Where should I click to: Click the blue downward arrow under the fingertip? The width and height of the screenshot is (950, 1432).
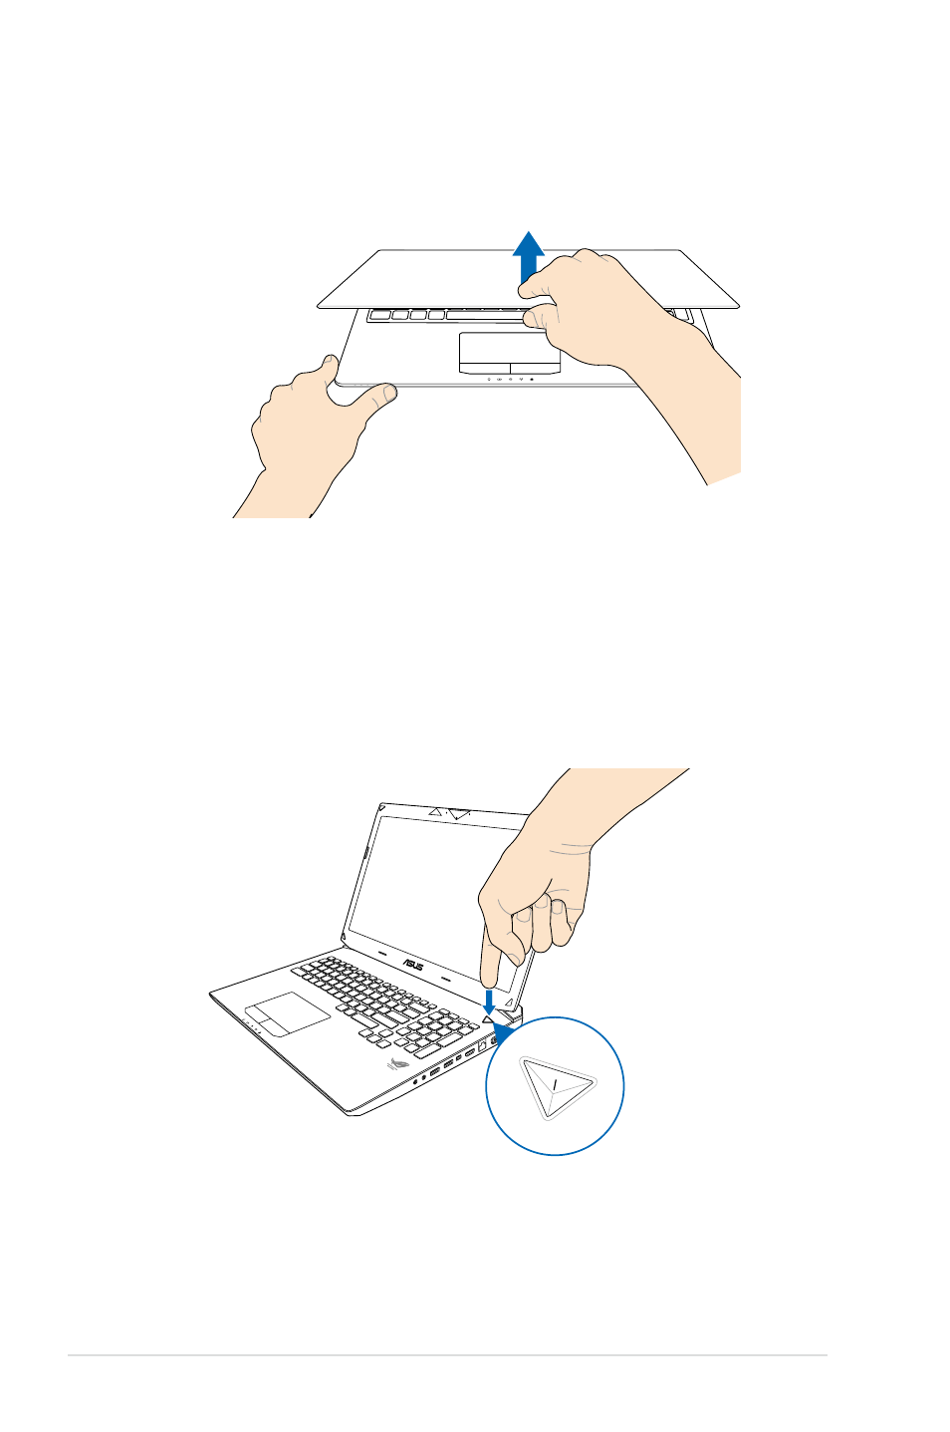point(488,1001)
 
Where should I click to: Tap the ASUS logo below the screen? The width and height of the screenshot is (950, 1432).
point(412,964)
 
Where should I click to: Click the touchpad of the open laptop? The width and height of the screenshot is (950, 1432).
point(288,1013)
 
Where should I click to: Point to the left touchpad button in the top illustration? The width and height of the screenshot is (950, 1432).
point(484,368)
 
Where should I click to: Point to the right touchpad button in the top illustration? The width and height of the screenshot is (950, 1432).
point(536,368)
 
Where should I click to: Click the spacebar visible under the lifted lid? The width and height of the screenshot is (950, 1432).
point(486,315)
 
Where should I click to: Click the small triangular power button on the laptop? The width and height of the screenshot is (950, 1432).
point(488,1018)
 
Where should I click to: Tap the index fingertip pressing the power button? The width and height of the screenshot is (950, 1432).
point(489,981)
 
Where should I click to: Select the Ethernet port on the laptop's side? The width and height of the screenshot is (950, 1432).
point(482,1044)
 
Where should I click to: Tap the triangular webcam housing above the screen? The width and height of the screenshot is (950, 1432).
point(459,814)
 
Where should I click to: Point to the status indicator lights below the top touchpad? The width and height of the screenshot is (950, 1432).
point(510,379)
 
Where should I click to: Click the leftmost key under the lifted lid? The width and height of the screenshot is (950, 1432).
point(380,315)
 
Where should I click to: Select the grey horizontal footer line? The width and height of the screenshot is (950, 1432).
point(447,1355)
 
